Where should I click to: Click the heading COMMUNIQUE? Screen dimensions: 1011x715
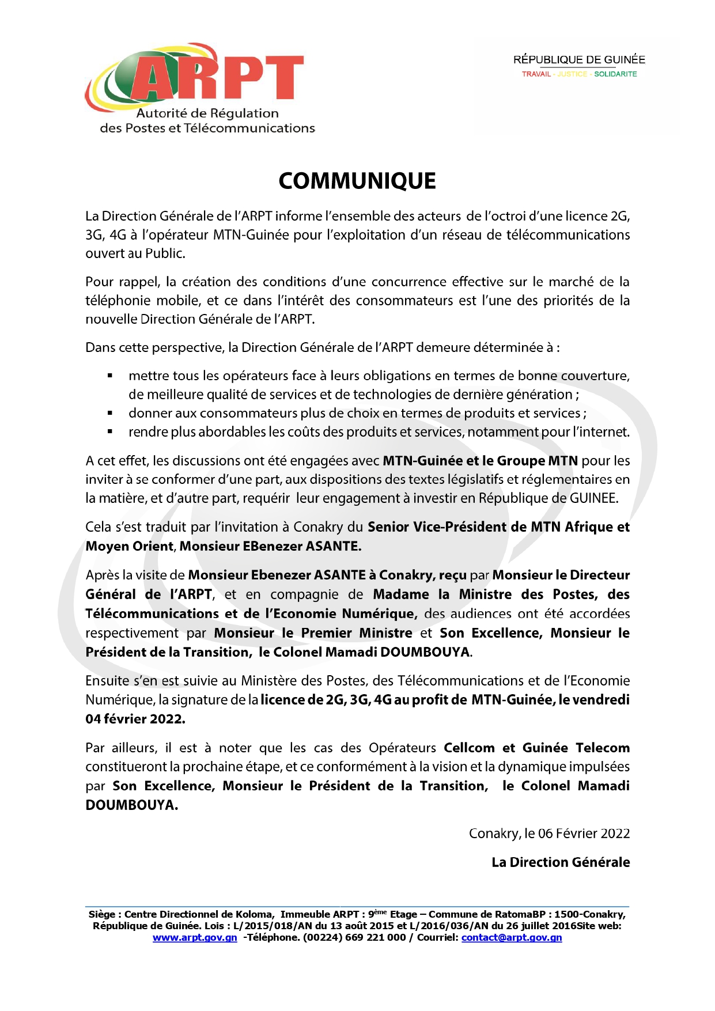(357, 181)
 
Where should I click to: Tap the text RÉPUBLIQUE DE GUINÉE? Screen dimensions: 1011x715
(579, 60)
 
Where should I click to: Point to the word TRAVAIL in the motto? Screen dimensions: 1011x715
(536, 74)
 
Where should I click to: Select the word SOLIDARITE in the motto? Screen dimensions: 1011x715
(615, 74)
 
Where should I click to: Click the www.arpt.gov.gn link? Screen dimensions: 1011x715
(195, 937)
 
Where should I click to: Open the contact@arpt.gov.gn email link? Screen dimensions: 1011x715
(512, 937)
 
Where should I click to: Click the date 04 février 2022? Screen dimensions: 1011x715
(135, 719)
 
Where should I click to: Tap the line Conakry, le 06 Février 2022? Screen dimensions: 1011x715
(549, 834)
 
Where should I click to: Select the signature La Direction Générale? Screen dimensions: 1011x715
(561, 862)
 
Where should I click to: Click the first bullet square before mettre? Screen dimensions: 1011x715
(110, 376)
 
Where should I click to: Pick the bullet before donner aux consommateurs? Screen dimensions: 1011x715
(110, 414)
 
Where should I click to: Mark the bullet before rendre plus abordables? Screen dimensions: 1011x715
(110, 432)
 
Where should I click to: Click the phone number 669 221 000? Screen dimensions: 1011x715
(375, 937)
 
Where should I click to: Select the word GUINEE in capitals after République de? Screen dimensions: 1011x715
(593, 498)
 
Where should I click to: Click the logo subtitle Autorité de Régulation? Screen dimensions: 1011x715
(207, 113)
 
